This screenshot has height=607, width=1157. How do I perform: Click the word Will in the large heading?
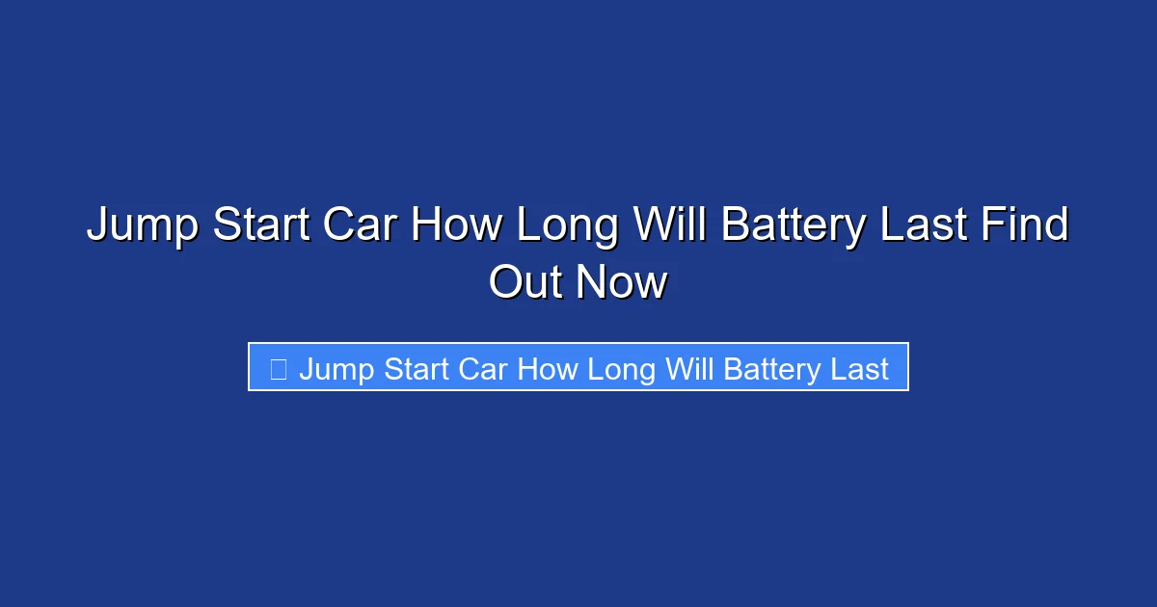670,226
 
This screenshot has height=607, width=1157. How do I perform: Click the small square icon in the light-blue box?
278,369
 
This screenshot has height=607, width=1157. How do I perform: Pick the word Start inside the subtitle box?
417,369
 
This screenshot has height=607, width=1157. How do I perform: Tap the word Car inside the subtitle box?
484,369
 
